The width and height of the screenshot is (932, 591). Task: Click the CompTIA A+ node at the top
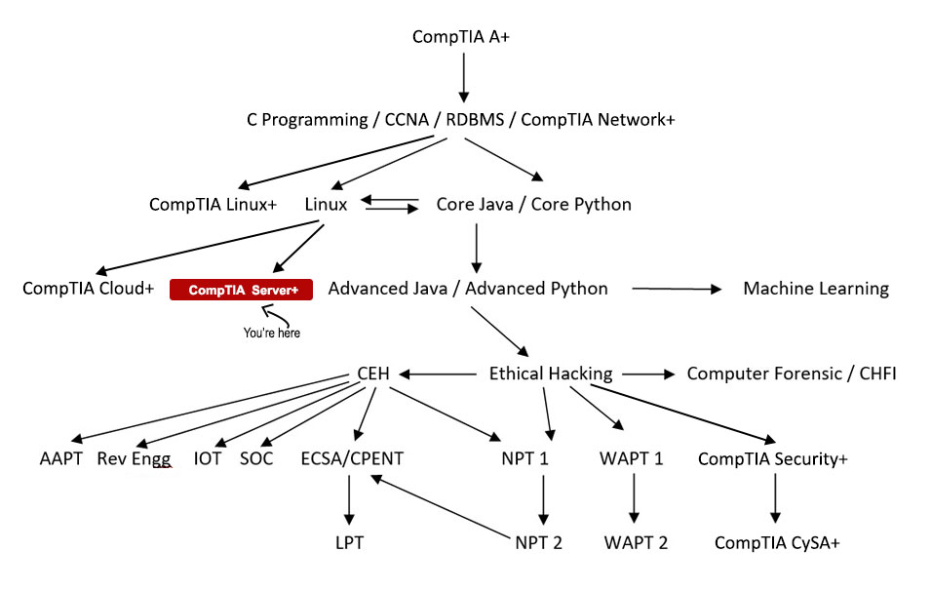461,36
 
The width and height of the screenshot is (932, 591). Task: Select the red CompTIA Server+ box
241,290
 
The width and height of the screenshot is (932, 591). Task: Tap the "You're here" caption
272,333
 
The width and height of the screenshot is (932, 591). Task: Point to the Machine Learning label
816,289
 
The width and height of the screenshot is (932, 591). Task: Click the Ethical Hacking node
551,374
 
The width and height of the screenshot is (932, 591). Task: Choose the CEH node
372,374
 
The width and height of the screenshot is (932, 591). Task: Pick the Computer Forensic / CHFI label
792,374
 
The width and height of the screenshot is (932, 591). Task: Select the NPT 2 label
538,543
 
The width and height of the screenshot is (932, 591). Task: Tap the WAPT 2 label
636,543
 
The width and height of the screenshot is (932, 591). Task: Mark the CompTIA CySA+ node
776,543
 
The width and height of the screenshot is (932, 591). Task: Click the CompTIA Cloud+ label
89,289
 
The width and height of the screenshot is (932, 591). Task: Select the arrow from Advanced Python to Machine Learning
676,289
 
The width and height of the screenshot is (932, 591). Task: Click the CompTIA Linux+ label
214,205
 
